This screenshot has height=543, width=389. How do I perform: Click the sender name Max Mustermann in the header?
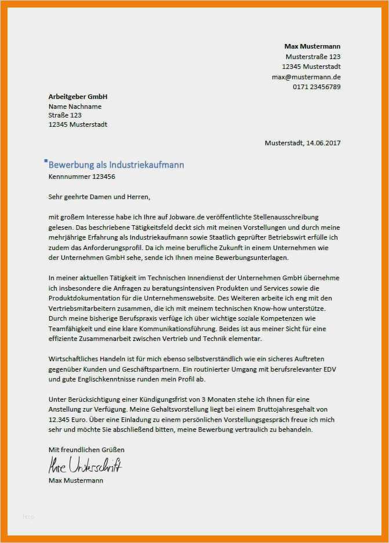coord(312,46)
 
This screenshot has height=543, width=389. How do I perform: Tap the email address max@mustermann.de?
coord(306,77)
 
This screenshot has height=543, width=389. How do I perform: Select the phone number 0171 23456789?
coord(317,87)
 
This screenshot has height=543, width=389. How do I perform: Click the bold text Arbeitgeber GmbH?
coord(78,97)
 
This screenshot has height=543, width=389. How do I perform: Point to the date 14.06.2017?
coord(322,143)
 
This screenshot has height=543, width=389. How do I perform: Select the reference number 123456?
coord(103,177)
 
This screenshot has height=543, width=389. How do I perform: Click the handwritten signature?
coord(85,465)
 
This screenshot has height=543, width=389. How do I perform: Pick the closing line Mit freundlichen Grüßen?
coord(86,450)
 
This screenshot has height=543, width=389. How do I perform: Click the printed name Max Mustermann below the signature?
coord(76,480)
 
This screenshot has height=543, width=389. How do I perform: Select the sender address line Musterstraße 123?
coord(313,57)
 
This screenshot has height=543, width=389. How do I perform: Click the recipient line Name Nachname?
coord(75,107)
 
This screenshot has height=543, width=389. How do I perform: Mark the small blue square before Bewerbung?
coord(46,160)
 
